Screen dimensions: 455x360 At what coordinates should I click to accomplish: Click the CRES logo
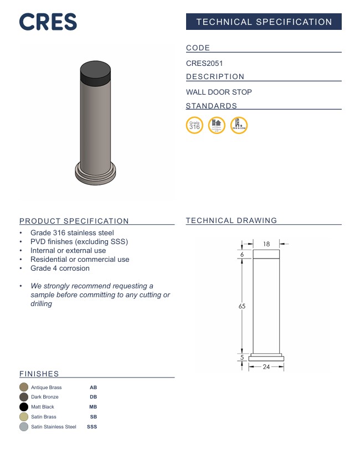coord(48,22)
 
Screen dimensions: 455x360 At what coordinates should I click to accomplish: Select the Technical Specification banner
coord(264,22)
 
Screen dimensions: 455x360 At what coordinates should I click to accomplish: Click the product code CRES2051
coord(204,64)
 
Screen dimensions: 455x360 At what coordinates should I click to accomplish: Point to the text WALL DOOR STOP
coord(219,92)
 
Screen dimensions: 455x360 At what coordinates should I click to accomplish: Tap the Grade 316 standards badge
coord(194,126)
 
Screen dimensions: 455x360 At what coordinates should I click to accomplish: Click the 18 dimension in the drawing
coord(266,244)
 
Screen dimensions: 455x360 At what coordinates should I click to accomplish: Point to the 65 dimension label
coord(242,306)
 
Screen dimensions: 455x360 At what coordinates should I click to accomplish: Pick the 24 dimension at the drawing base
coord(266,367)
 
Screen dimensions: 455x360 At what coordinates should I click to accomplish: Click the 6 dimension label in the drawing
coord(242,255)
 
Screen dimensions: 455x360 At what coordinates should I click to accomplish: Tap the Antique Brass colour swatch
coord(24,387)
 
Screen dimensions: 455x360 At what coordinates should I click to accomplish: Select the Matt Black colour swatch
coord(24,407)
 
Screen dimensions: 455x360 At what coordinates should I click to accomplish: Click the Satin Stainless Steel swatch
coord(24,427)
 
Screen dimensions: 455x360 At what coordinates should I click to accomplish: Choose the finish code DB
coord(93,397)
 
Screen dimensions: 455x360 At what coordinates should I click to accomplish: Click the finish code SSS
coord(92,427)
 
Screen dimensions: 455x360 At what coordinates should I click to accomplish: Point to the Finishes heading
coord(39,374)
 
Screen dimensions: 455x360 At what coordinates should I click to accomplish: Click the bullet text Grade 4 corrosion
coord(60,268)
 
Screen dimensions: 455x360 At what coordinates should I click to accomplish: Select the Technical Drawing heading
coord(231,220)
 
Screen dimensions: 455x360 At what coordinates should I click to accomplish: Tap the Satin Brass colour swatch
coord(24,417)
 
